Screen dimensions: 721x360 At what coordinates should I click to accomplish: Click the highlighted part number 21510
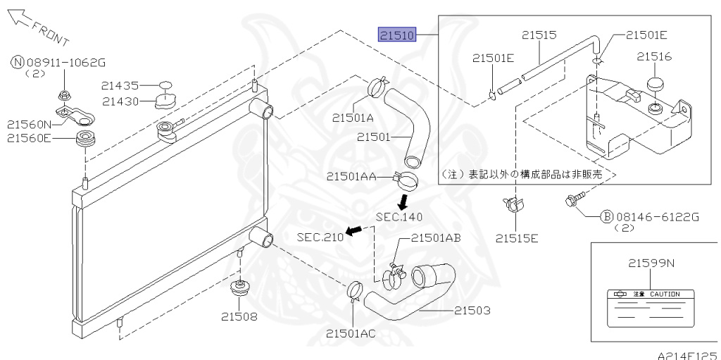pyautogui.click(x=397, y=35)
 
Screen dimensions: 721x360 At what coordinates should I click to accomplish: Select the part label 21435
pyautogui.click(x=120, y=85)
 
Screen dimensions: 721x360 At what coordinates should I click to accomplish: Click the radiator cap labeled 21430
pyautogui.click(x=165, y=101)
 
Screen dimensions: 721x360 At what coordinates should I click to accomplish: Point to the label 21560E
pyautogui.click(x=28, y=137)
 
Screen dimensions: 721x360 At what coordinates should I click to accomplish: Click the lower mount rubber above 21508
pyautogui.click(x=240, y=289)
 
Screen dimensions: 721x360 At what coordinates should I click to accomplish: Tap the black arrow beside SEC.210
pyautogui.click(x=353, y=230)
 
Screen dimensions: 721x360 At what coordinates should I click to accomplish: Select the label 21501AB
pyautogui.click(x=436, y=237)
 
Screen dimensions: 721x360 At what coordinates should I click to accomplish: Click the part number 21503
pyautogui.click(x=472, y=311)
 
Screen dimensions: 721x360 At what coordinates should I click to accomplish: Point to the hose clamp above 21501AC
pyautogui.click(x=355, y=291)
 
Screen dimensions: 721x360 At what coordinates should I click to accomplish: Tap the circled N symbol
pyautogui.click(x=18, y=63)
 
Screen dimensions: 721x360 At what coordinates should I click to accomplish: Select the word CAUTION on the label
pyautogui.click(x=665, y=294)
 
